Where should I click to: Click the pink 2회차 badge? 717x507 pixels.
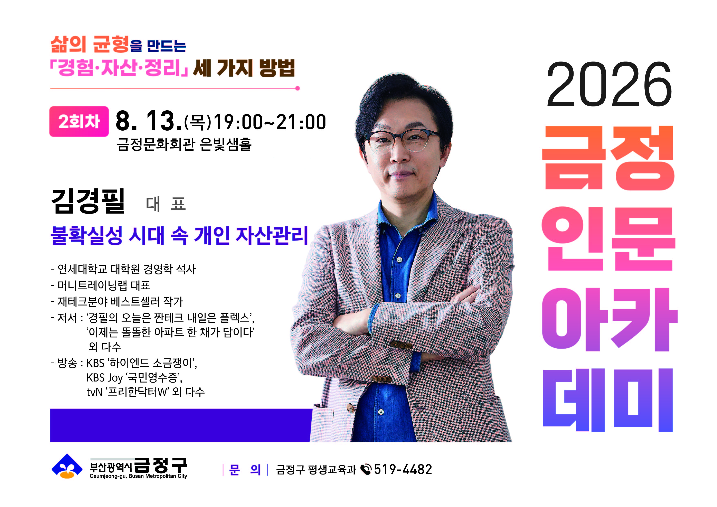(x=79, y=122)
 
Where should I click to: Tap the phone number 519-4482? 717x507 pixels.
(x=403, y=469)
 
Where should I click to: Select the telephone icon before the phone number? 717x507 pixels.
(x=366, y=469)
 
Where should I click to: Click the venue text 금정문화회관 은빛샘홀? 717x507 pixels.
(x=184, y=144)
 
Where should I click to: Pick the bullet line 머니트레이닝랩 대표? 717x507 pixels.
(x=100, y=285)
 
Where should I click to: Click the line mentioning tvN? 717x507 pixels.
(x=145, y=392)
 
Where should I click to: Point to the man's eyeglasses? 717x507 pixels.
(x=401, y=141)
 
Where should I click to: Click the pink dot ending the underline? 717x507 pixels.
(x=297, y=88)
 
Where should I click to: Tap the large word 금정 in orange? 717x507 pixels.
(x=608, y=158)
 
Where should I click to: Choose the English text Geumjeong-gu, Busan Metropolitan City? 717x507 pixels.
(x=138, y=476)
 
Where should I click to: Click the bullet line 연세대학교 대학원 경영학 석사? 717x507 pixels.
(x=123, y=269)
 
